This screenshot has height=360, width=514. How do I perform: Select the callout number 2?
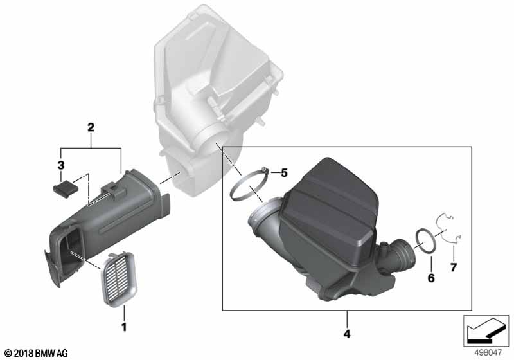[x=91, y=128]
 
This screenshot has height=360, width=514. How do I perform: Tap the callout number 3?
[x=61, y=165]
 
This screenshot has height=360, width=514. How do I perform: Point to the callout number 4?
[x=347, y=334]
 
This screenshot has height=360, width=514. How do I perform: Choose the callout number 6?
[x=431, y=278]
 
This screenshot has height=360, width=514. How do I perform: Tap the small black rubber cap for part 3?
[x=62, y=188]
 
